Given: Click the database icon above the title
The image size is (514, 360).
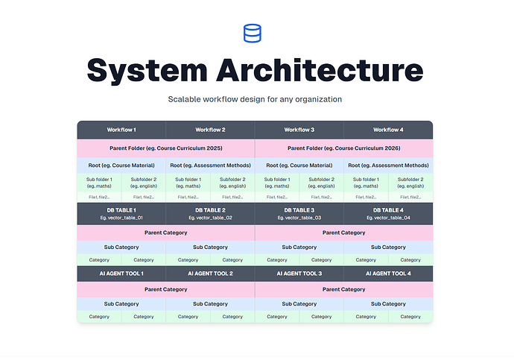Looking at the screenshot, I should point(253,33).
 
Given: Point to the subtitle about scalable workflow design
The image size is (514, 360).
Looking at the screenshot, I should point(256,99).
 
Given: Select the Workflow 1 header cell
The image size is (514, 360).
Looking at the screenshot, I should point(121,130).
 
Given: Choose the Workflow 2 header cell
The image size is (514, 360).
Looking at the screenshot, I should point(210,130).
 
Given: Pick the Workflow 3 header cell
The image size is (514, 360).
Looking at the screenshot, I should point(299,130).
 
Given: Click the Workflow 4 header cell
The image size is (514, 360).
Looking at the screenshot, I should point(388,130).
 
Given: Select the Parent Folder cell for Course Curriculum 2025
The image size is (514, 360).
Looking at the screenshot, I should point(165,148).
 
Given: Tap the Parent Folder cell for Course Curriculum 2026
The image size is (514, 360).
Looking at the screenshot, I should point(343,148).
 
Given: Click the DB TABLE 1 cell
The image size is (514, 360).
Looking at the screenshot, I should point(121,214).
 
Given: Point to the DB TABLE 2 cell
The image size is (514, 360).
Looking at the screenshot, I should point(210,214).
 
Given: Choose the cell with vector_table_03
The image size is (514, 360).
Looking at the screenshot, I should point(299,214).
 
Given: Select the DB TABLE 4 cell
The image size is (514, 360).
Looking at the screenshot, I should point(388,214).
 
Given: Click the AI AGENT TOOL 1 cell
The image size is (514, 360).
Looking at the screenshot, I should point(121,274).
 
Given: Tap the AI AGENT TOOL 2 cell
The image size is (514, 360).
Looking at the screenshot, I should point(210,274).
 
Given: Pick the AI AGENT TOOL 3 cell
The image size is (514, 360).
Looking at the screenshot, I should point(299,274).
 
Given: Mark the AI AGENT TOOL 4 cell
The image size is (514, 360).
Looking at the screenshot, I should point(388,274).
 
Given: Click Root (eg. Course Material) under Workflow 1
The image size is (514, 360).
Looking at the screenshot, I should point(121,165).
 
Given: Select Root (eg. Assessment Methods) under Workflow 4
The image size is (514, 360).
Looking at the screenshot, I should point(388,165).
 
